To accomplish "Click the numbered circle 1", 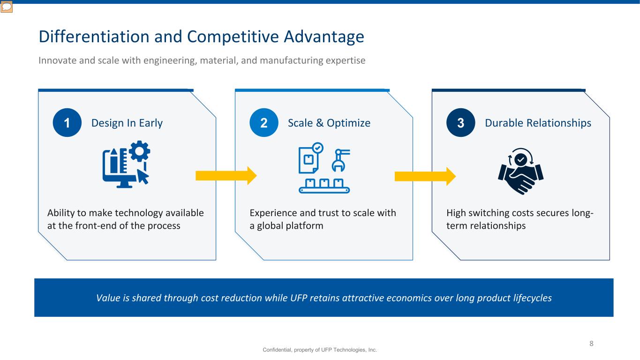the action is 67,122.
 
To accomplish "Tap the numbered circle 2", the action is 264,122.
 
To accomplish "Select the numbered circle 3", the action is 460,122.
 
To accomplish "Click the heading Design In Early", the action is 127,123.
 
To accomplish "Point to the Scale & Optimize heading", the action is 329,123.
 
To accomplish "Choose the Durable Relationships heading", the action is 538,123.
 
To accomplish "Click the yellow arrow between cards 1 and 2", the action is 226,175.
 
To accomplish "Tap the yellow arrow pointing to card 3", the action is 425,176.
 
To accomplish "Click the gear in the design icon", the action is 139,151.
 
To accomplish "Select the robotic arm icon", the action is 340,160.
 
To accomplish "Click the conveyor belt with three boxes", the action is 324,186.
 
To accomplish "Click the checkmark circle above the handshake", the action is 520,159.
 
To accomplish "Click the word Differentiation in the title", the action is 94,37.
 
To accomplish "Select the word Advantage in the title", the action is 324,37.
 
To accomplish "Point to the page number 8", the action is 591,344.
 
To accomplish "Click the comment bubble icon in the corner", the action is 6,7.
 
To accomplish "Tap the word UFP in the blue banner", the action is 299,298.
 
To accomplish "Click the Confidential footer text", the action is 320,350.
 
